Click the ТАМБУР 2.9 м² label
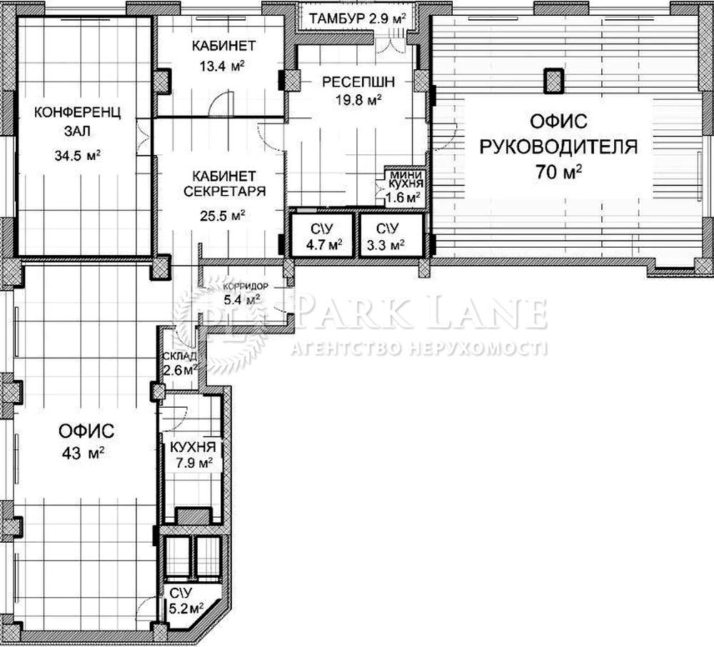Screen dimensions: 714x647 click(x=358, y=19)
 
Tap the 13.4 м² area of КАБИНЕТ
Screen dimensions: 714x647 click(x=222, y=66)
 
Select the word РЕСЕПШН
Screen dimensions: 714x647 click(x=358, y=82)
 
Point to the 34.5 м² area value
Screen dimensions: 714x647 click(x=77, y=156)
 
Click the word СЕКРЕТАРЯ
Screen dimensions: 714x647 click(x=224, y=191)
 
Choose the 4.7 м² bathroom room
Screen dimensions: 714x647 click(x=323, y=236)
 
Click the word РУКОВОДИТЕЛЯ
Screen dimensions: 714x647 click(x=559, y=147)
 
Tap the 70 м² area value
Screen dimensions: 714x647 click(x=558, y=172)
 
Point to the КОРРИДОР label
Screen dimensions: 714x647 click(x=245, y=286)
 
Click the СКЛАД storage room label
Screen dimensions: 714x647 click(x=180, y=356)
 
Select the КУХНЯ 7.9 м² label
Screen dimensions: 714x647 click(x=192, y=455)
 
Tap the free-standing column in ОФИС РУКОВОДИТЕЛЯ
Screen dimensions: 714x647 click(x=555, y=81)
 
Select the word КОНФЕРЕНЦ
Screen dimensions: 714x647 click(x=77, y=112)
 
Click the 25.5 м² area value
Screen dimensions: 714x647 click(x=223, y=216)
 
